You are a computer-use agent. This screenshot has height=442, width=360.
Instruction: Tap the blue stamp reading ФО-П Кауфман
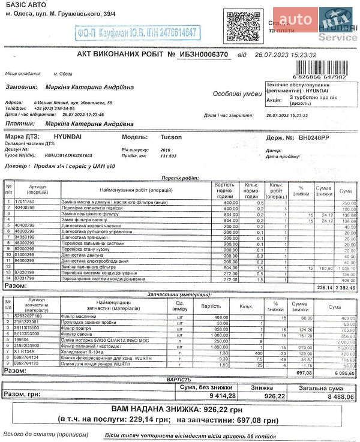pyautogui.click(x=138, y=33)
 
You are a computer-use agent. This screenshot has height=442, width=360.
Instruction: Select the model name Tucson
pyautogui.click(x=172, y=137)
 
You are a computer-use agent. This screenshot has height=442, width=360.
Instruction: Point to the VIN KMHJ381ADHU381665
pyautogui.click(x=69, y=155)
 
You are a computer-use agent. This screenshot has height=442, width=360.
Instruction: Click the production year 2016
pyautogui.click(x=165, y=149)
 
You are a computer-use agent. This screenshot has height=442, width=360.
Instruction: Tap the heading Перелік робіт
pyautogui.click(x=180, y=178)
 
